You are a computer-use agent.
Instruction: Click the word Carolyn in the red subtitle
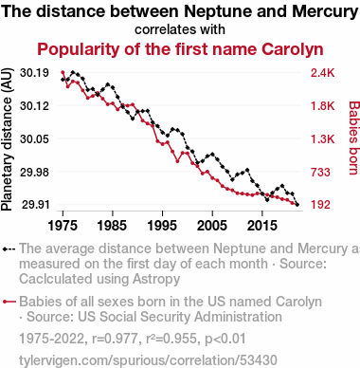point(293,49)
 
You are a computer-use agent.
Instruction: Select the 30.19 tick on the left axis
point(34,73)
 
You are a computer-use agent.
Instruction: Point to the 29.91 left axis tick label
point(35,205)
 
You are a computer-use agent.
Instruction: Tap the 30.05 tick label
point(34,138)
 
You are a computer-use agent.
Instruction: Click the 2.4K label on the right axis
point(322,73)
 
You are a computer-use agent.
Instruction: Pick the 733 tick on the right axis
point(320,172)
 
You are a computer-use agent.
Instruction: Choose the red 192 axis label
point(320,205)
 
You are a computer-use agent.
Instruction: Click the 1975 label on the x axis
point(63,226)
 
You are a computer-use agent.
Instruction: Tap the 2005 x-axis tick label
point(212,226)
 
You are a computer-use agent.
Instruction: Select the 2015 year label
point(261,226)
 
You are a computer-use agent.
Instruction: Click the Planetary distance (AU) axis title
point(7,139)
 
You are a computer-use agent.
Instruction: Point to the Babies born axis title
point(353,138)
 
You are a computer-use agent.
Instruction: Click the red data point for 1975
point(63,72)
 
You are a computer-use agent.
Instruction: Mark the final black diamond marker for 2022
point(297,205)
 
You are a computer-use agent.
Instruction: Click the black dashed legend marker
point(9,249)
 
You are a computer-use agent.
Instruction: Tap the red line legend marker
point(9,302)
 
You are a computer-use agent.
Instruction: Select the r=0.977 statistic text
point(115,339)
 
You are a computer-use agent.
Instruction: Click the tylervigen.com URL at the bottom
point(148,360)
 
